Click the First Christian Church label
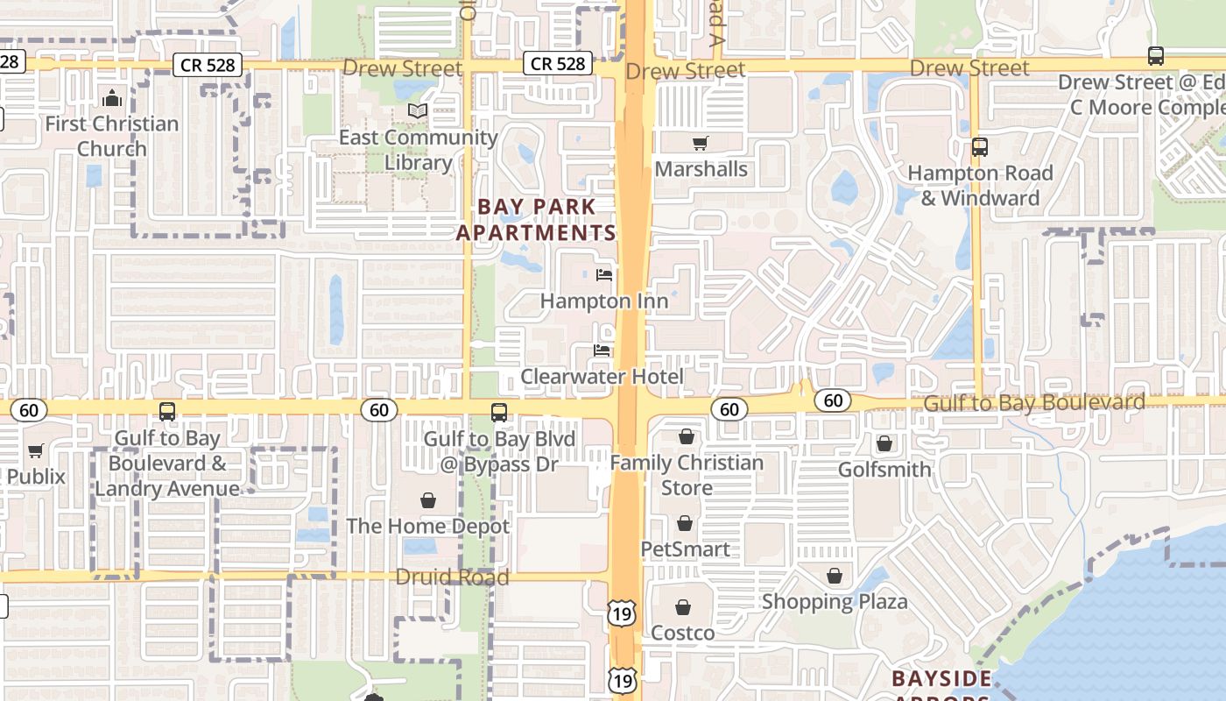tap(111, 137)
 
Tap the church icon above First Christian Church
tap(112, 97)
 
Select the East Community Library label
tap(418, 150)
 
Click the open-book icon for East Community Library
tap(419, 110)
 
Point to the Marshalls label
tap(701, 169)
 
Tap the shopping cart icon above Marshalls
tap(700, 143)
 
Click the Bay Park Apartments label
tap(536, 220)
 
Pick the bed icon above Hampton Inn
tap(603, 275)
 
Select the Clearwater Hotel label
tap(602, 377)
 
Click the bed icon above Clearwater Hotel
tap(602, 350)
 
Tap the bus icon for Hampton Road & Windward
tap(980, 147)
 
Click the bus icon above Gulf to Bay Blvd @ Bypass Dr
tap(499, 412)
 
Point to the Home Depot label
tap(427, 527)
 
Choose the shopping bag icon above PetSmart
tap(685, 523)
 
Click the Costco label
tap(682, 633)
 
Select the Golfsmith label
tap(884, 470)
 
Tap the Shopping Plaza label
tap(834, 602)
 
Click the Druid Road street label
tap(452, 577)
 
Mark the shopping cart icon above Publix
tap(35, 451)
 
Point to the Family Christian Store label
tap(687, 475)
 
